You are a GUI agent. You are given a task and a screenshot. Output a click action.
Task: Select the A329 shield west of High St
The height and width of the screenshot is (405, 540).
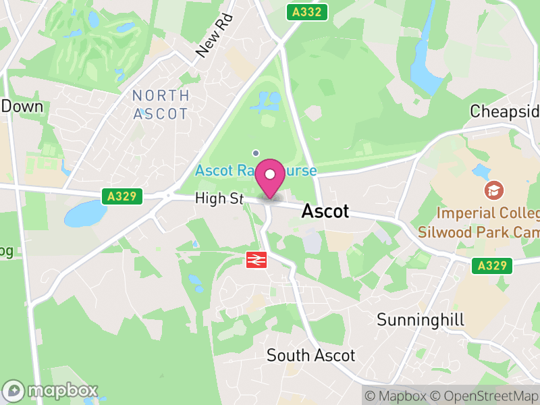[x=123, y=196]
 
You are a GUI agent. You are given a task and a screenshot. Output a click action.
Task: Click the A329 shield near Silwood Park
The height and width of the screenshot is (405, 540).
[x=491, y=265]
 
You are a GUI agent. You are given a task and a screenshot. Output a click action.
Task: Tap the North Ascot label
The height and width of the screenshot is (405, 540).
[x=160, y=105]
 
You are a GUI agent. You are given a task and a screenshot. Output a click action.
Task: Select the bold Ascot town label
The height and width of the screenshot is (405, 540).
[x=325, y=211]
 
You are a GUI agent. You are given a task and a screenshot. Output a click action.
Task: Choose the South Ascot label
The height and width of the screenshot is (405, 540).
[x=310, y=355]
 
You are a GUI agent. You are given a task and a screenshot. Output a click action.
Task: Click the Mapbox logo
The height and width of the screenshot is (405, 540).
[x=51, y=390]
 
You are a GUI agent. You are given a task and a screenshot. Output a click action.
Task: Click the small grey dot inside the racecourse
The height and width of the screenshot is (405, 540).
[x=256, y=153]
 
